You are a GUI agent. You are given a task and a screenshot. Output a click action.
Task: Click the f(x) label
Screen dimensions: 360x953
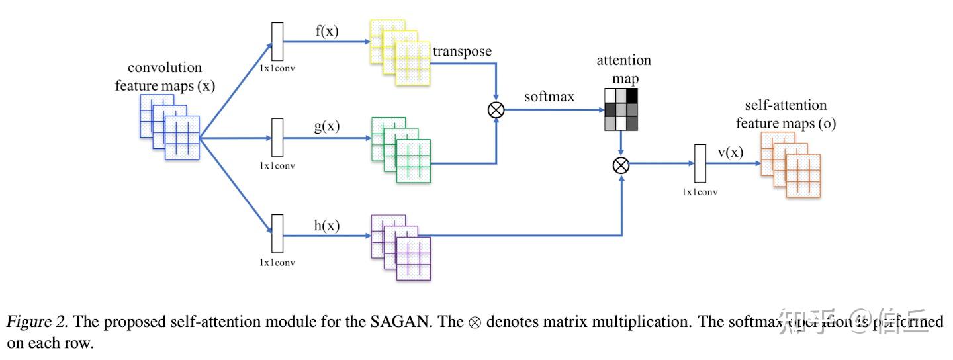326,30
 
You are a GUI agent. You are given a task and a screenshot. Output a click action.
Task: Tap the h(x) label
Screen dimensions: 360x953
326,225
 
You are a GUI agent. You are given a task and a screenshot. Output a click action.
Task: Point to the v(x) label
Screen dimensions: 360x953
731,152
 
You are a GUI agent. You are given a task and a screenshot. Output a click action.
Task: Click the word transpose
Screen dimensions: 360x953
463,51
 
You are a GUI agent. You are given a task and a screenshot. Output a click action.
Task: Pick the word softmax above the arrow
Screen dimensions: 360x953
549,97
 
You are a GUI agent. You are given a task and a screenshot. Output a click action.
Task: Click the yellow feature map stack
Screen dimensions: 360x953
400,52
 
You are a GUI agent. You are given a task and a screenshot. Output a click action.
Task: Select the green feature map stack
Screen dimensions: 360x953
401,150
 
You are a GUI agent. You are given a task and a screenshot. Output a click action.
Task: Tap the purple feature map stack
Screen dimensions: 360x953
401,247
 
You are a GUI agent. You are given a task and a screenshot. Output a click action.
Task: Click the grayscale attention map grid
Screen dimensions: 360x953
620,109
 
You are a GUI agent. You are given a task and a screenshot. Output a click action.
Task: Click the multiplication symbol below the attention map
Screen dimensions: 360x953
620,165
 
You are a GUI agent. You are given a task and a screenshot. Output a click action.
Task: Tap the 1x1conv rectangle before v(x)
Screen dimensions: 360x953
700,163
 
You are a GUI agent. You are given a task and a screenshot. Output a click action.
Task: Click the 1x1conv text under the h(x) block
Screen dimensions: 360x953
277,262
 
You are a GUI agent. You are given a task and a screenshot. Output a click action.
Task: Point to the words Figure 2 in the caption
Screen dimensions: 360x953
37,322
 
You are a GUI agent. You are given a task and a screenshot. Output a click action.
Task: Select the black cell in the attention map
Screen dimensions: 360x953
631,95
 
